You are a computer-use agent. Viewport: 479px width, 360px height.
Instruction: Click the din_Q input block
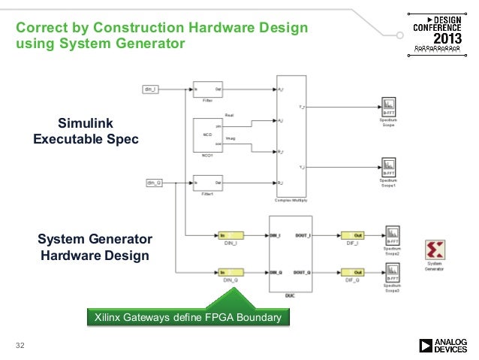coord(153,182)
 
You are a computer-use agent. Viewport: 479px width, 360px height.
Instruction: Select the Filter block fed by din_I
coord(205,89)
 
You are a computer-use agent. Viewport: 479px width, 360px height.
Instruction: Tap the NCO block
coord(205,135)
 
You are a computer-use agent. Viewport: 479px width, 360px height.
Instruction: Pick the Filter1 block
coord(205,182)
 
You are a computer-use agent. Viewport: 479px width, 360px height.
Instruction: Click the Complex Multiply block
coord(292,136)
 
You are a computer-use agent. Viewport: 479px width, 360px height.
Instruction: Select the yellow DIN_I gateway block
coord(230,235)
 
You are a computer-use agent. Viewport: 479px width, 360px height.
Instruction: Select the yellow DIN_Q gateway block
coord(230,271)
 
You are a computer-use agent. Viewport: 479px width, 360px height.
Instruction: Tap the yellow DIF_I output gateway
coord(352,235)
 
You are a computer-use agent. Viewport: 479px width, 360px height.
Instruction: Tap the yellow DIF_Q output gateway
coord(352,271)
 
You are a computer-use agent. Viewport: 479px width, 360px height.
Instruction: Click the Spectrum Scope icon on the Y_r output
coord(388,106)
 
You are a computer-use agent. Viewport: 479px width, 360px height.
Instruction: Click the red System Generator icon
coord(434,250)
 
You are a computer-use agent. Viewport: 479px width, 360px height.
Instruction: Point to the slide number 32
coord(21,345)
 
